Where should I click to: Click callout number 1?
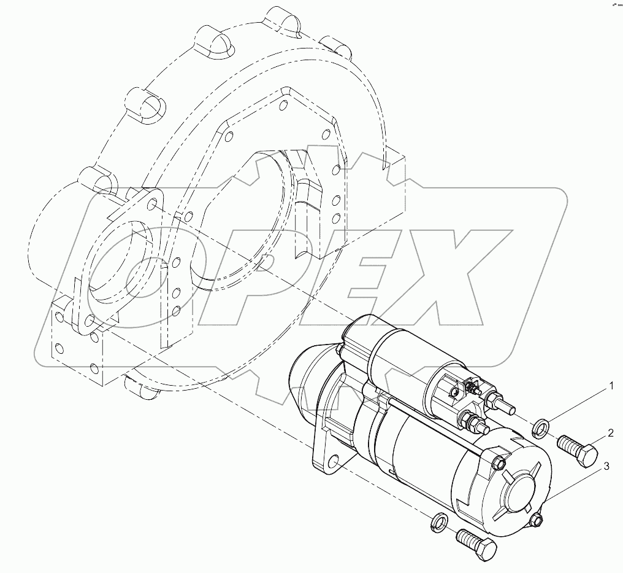coord(611,386)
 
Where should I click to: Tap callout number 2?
coord(611,434)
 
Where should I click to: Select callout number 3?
coord(606,467)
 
